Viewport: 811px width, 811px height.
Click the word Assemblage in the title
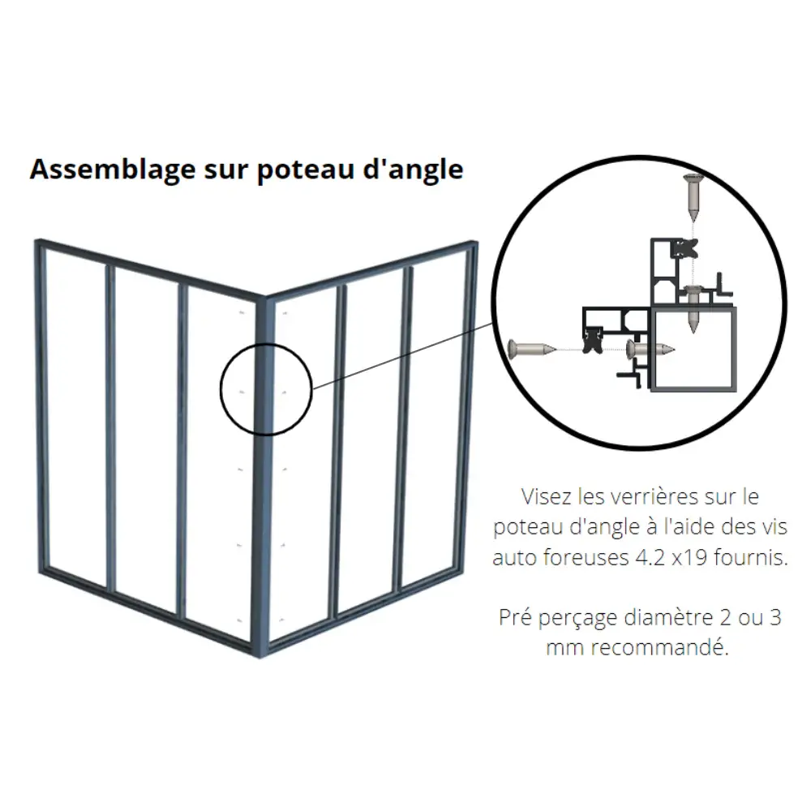(113, 170)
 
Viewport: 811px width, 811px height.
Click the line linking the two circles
(402, 356)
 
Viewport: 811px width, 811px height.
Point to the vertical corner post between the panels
(263, 476)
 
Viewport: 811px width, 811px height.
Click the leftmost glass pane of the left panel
(75, 416)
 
